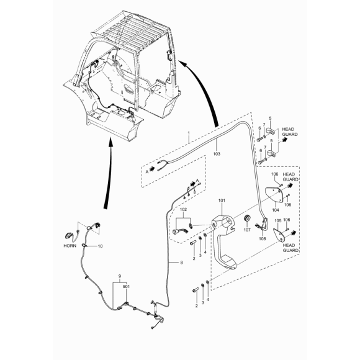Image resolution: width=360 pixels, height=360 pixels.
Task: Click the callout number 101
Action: (222, 200)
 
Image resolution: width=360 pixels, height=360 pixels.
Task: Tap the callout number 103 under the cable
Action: (217, 153)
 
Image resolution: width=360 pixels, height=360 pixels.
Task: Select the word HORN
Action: (70, 246)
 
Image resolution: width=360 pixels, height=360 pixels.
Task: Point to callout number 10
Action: (100, 246)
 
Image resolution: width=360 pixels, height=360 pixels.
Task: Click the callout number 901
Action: (126, 287)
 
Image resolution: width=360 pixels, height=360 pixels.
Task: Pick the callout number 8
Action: (181, 263)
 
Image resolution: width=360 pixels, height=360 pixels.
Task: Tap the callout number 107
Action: (247, 230)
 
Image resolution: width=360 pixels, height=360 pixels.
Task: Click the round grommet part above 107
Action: (247, 218)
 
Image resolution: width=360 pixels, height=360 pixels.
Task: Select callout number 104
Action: (276, 210)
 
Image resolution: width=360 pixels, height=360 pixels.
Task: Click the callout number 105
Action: (278, 220)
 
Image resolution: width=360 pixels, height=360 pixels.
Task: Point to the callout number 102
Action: (183, 209)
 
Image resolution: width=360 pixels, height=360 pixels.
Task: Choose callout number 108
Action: (262, 238)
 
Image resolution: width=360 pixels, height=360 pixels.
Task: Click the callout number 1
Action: (189, 133)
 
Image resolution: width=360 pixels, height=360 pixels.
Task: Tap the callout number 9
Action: (119, 276)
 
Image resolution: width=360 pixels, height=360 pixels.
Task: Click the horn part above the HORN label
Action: (69, 236)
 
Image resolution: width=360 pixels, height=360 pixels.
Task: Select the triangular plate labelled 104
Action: (272, 195)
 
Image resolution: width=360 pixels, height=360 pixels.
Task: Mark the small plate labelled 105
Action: (279, 235)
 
